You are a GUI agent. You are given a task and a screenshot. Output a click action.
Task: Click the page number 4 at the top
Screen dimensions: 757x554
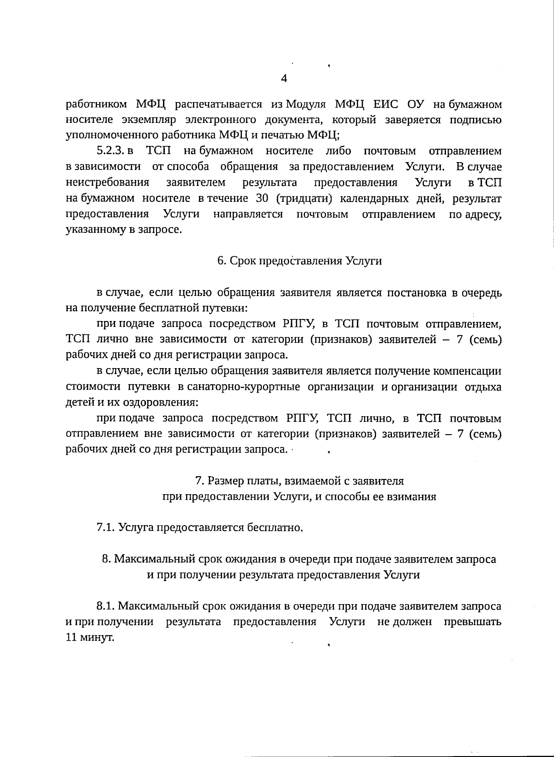tap(284, 79)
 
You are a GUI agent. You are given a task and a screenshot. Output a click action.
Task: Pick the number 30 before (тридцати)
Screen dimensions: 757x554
tap(262, 198)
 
